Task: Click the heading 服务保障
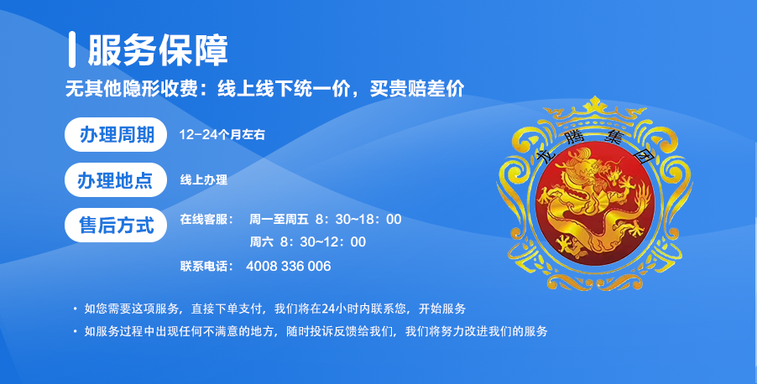point(158,50)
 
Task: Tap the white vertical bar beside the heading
point(72,49)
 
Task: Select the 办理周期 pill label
point(116,135)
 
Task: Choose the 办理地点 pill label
point(116,180)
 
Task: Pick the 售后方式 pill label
point(116,225)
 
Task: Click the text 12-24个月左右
point(222,135)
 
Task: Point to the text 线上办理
point(204,180)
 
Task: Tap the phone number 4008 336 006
point(288,266)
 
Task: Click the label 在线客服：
point(206,220)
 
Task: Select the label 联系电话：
point(206,266)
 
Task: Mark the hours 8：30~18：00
point(358,220)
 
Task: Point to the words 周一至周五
point(279,220)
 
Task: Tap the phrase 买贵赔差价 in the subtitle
point(417,89)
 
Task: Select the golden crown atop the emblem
point(595,110)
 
